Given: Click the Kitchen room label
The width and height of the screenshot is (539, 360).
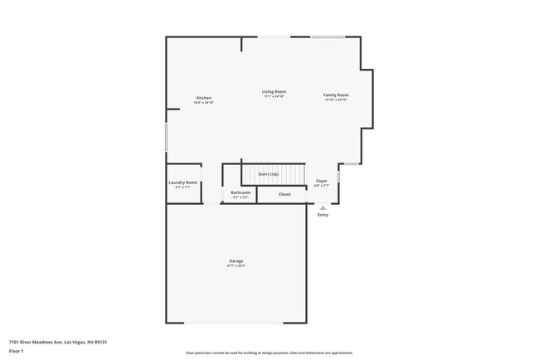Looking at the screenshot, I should (x=204, y=98).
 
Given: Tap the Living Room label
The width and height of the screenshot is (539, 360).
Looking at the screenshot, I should (x=274, y=91).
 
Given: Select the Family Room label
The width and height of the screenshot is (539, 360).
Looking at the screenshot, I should (x=336, y=95).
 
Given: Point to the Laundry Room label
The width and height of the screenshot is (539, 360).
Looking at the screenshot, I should (x=182, y=182).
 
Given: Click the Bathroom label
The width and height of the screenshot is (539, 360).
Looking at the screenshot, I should (x=240, y=192).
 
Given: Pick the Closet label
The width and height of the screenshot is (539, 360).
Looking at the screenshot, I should (x=284, y=194).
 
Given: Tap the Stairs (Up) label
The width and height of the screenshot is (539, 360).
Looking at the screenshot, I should (x=268, y=174).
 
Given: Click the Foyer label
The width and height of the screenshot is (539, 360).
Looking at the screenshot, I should (x=322, y=181).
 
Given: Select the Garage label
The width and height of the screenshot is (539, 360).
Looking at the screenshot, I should (x=236, y=261).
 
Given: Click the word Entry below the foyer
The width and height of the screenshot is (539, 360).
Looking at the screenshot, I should (x=323, y=215).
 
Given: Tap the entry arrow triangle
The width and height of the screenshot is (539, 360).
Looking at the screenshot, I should (x=323, y=207).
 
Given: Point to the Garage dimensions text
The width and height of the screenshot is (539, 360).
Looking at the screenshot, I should (x=236, y=266).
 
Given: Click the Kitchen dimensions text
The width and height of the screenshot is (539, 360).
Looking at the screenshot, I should (x=204, y=103).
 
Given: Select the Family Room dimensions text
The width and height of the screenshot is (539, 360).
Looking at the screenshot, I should (x=336, y=100).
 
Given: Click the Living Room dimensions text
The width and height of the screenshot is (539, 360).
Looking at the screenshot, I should (x=274, y=96).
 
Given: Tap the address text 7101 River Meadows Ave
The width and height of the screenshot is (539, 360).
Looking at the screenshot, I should (x=58, y=342).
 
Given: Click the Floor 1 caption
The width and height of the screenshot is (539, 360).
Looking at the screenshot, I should (x=17, y=351).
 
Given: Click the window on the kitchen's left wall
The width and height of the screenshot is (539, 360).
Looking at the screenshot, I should (x=166, y=137).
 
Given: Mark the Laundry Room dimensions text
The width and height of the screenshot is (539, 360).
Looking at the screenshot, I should (x=182, y=187).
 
